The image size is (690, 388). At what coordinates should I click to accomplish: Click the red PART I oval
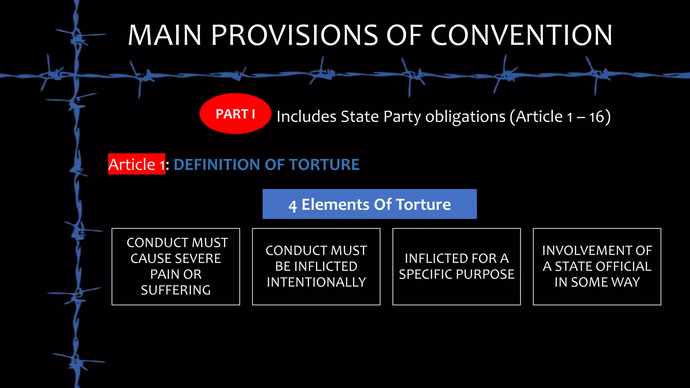[235, 114]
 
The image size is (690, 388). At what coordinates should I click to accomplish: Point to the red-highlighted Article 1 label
[136, 164]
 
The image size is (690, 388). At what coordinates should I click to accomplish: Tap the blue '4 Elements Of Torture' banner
[369, 204]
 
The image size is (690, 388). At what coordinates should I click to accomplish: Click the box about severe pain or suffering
[176, 266]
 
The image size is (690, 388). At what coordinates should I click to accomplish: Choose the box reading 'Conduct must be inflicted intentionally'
[316, 266]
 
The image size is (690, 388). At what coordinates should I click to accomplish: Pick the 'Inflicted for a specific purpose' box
[457, 266]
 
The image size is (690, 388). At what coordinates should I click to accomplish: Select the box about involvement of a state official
[597, 266]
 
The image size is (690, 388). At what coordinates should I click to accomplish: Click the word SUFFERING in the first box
[176, 290]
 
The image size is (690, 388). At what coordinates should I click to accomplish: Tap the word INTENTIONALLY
[316, 282]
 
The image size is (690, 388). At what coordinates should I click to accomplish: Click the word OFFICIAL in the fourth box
[620, 266]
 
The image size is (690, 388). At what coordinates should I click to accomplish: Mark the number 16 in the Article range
[597, 117]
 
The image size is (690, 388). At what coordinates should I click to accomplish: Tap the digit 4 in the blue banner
[292, 206]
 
